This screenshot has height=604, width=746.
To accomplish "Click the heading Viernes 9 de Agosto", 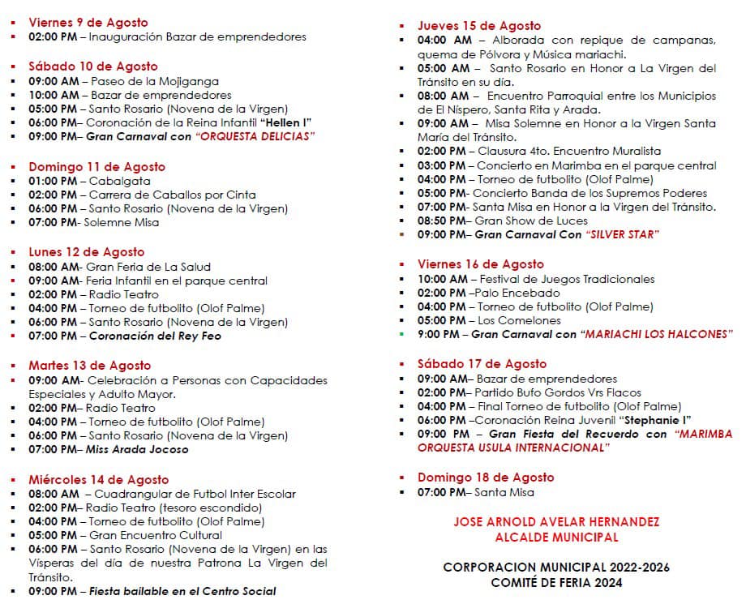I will [x=88, y=23].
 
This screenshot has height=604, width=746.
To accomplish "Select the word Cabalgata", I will [x=115, y=181].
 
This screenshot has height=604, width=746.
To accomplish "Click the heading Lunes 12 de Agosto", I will [x=86, y=252].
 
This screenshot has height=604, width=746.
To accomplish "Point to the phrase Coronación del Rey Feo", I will [x=155, y=336].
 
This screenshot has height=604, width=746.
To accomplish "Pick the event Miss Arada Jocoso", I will [x=137, y=449].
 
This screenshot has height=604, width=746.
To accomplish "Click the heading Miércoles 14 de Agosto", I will [x=98, y=479].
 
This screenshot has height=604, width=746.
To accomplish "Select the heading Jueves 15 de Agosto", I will [x=479, y=26].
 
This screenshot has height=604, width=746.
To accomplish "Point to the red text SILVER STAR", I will [x=621, y=234].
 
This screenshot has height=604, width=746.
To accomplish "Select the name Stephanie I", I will [x=654, y=420].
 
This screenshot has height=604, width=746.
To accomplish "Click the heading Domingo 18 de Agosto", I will [x=486, y=478].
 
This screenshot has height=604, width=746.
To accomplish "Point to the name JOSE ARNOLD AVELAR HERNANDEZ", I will [x=556, y=521].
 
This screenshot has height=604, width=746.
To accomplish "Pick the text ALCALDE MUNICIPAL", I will [x=556, y=537].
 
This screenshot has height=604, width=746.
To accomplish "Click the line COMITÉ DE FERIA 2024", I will [x=556, y=582].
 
